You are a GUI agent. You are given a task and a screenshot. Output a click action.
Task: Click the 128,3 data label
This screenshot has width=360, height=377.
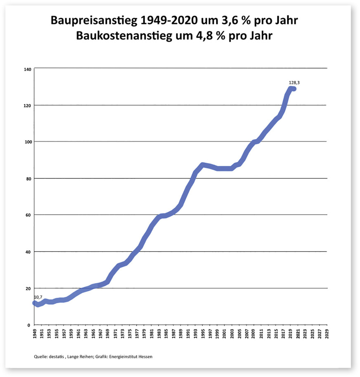click(x=294, y=83)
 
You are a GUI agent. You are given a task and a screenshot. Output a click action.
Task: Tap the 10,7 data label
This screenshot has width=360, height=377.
click(x=38, y=297)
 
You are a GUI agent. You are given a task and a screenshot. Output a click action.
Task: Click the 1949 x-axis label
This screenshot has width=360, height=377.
click(x=34, y=334)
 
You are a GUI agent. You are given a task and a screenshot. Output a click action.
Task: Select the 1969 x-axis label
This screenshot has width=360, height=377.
click(x=107, y=334)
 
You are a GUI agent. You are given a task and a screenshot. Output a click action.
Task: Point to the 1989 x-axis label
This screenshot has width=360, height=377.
click(x=180, y=334)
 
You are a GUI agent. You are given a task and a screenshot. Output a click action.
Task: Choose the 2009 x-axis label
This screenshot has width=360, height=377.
click(x=253, y=334)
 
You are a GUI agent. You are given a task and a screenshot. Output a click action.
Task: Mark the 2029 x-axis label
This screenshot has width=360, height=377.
click(x=327, y=334)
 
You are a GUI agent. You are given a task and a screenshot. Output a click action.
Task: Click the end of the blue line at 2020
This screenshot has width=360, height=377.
click(x=294, y=89)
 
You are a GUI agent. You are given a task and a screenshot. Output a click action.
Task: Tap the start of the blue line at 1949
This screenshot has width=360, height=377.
click(x=35, y=303)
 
